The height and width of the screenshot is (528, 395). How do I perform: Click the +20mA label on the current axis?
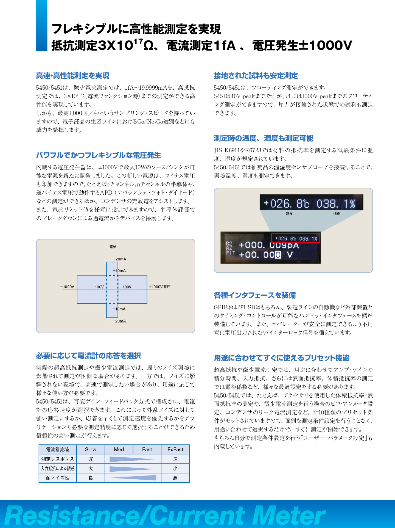[120, 259]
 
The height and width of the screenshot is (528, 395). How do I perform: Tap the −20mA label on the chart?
[119, 321]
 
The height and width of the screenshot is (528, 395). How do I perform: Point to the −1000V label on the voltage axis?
[67, 287]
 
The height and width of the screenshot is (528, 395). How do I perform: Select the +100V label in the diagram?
[126, 287]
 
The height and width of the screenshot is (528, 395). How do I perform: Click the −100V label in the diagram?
[98, 287]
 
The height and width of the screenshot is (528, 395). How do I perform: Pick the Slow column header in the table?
[91, 450]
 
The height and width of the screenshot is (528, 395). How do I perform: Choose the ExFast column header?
[175, 450]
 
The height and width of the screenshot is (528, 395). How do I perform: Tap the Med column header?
[119, 450]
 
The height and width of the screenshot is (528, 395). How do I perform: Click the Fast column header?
[147, 450]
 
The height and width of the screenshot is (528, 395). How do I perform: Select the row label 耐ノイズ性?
[58, 478]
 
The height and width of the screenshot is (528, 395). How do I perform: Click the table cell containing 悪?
[175, 478]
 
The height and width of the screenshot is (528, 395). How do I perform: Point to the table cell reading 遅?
[91, 459]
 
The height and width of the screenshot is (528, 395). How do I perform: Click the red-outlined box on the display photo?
[296, 238]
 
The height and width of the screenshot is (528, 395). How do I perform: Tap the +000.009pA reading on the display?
[269, 245]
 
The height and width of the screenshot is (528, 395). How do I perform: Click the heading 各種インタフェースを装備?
[255, 295]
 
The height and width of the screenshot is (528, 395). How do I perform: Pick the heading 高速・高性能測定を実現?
[73, 76]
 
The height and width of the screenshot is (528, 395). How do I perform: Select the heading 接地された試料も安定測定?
[256, 76]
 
